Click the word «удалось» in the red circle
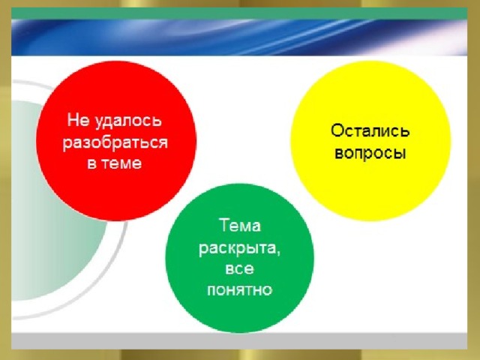[x=127, y=121]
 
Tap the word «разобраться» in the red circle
[x=115, y=142]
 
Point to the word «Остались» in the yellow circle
[x=370, y=130]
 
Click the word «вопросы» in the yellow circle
[x=370, y=153]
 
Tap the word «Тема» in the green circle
[x=240, y=225]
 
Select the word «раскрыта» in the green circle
[x=238, y=248]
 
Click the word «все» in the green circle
[x=239, y=269]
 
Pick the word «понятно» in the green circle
[x=239, y=290]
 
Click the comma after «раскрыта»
[x=278, y=253]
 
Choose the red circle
[x=116, y=140]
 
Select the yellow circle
[x=370, y=140]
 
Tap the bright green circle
[x=240, y=258]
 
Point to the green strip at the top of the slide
[x=239, y=13]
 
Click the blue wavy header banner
[x=239, y=37]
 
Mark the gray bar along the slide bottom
[x=239, y=340]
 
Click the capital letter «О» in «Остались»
[x=337, y=130]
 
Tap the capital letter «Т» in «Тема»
[x=223, y=225]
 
